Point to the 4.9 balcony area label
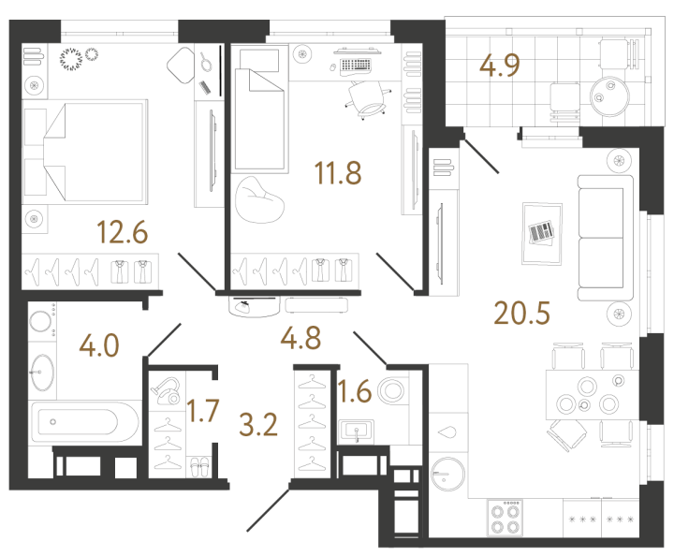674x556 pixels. [x=502, y=66]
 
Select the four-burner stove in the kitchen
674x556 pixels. [x=505, y=518]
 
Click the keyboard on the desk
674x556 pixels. [x=355, y=66]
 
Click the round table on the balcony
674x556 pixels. [x=607, y=92]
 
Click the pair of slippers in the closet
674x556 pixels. [x=199, y=464]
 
